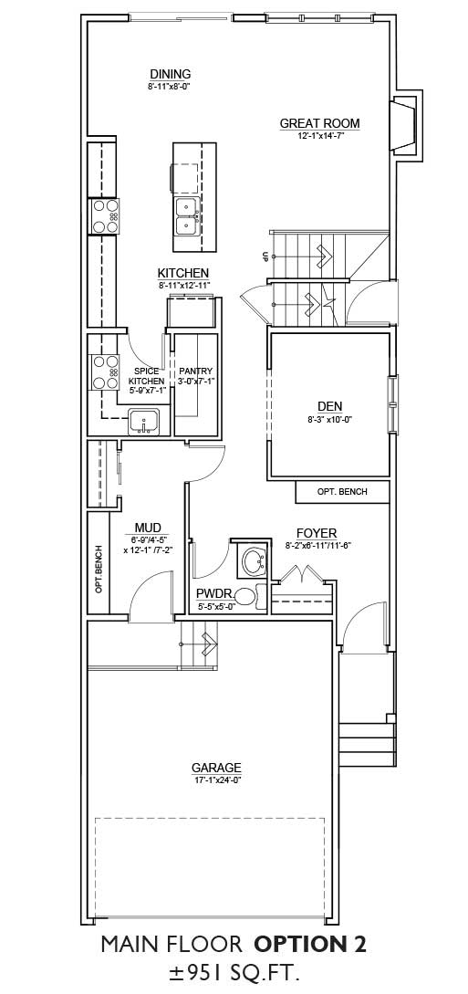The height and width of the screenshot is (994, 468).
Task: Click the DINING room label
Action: pos(171,74)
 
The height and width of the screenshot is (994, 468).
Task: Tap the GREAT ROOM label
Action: pos(320,123)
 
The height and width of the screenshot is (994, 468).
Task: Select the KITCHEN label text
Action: pos(183,273)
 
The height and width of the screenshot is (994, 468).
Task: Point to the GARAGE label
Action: pos(217,767)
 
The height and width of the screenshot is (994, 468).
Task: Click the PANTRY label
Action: pos(196,371)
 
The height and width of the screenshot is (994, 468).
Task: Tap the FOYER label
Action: pos(317,533)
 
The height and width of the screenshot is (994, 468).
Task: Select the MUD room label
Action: pos(148,528)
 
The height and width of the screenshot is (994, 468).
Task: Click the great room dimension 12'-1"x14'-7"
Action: pos(320,136)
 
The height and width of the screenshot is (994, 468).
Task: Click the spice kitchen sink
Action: pos(144,422)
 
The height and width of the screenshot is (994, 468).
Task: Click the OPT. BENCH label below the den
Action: pos(342,492)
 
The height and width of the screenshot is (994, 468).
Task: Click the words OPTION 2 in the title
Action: pos(310,945)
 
